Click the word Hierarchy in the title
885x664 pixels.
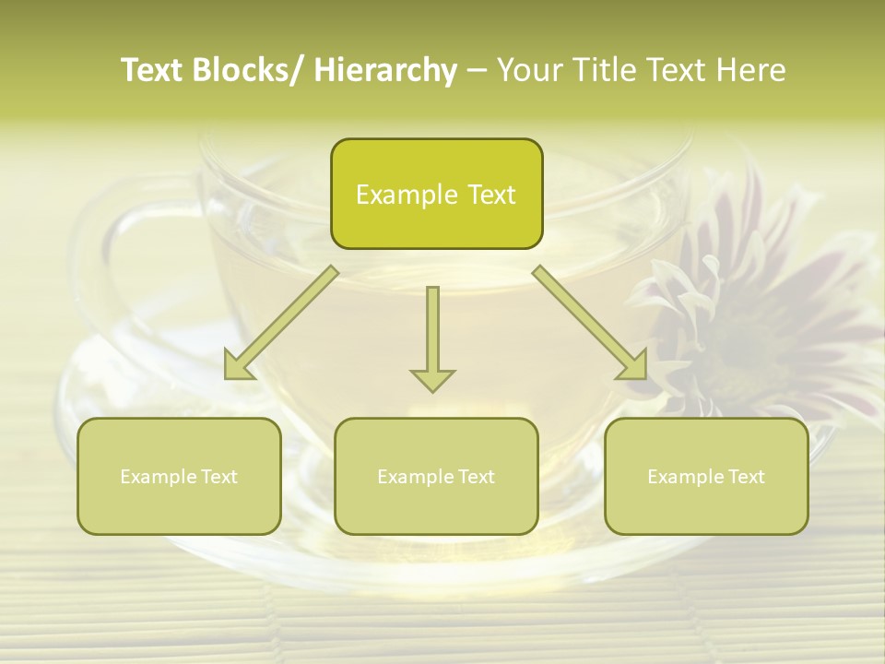(385, 71)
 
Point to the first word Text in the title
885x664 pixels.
(153, 71)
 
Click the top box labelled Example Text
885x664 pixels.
(436, 194)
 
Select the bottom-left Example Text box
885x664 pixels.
(179, 476)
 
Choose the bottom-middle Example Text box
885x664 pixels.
(436, 476)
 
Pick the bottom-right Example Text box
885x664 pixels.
(706, 476)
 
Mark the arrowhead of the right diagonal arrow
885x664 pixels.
(635, 366)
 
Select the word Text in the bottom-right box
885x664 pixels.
(746, 477)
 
